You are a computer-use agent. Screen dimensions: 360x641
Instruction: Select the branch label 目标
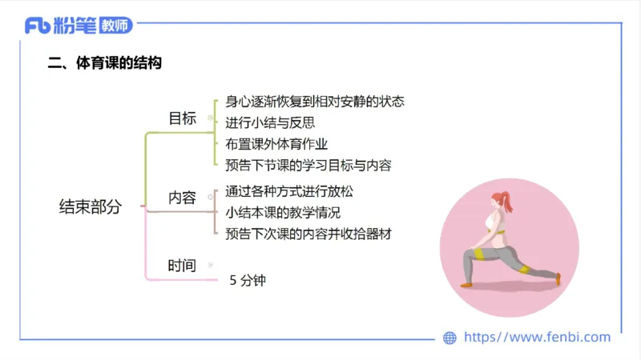pos(183,118)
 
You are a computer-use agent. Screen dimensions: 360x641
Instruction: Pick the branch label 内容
pos(183,197)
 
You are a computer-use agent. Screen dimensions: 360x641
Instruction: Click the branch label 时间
pos(182,266)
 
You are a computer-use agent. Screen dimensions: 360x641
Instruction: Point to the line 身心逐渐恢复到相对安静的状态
pos(314,102)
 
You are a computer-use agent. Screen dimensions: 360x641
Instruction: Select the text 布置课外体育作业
pos(276,144)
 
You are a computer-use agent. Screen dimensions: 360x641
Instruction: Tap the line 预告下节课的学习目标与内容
pos(308,166)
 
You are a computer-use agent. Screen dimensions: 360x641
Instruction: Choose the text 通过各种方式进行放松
pos(289,192)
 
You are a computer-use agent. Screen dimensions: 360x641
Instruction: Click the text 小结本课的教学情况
pos(283,213)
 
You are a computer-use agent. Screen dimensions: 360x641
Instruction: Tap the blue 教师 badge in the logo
pos(116,26)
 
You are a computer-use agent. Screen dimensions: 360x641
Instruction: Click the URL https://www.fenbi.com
pos(537,338)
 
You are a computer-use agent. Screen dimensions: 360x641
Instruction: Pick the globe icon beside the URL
pos(450,338)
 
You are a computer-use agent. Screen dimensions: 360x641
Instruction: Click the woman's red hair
pos(503,198)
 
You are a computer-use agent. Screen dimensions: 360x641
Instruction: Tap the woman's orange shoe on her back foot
pos(558,278)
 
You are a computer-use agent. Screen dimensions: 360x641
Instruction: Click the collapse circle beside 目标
pos(211,118)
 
